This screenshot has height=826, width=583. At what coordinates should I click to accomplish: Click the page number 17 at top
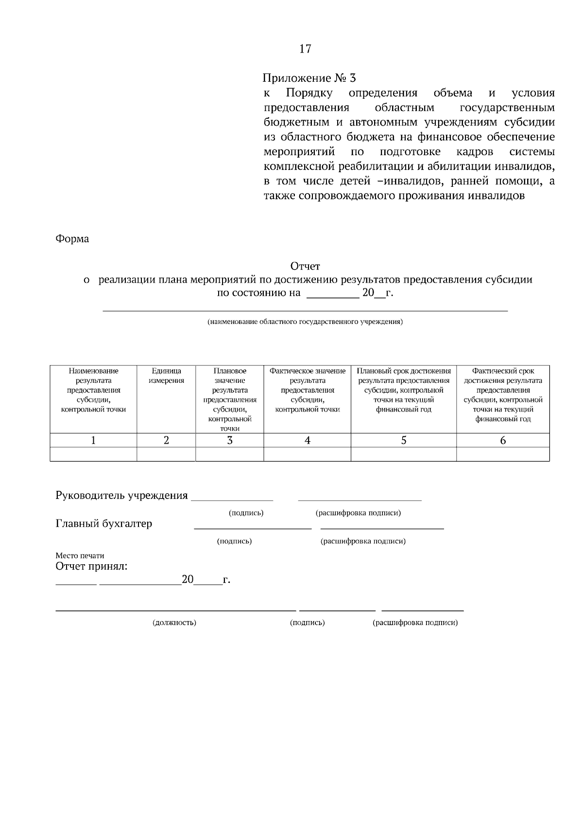click(x=305, y=49)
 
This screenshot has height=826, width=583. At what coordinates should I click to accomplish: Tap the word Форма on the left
click(x=72, y=239)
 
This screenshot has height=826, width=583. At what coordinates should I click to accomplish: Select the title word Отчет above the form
click(x=305, y=266)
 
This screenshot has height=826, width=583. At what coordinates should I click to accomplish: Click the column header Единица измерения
click(x=166, y=376)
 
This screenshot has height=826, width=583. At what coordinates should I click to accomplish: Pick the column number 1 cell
click(x=93, y=440)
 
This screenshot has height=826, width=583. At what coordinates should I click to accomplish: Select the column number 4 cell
click(x=307, y=440)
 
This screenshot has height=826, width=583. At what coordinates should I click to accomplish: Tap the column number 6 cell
click(x=503, y=440)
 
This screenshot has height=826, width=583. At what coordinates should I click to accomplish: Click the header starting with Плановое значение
click(x=230, y=399)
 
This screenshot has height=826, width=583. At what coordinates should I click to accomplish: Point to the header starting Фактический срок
click(x=503, y=395)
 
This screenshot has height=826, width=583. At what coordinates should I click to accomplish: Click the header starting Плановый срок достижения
click(x=404, y=390)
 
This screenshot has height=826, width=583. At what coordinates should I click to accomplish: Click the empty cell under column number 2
click(x=166, y=454)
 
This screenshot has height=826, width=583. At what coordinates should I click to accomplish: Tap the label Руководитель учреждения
click(x=121, y=496)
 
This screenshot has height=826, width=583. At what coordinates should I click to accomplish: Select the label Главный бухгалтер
click(x=104, y=524)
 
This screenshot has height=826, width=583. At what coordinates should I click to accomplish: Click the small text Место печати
click(x=80, y=556)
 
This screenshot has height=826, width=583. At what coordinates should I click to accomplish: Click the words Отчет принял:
click(x=91, y=567)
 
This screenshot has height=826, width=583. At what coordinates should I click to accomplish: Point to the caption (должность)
click(x=174, y=623)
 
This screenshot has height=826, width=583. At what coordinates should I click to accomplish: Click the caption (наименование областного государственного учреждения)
click(x=305, y=322)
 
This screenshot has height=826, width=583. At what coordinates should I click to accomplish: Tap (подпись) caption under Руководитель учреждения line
click(x=246, y=513)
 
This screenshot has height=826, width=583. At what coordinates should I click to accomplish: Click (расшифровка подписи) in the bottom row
click(x=415, y=623)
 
